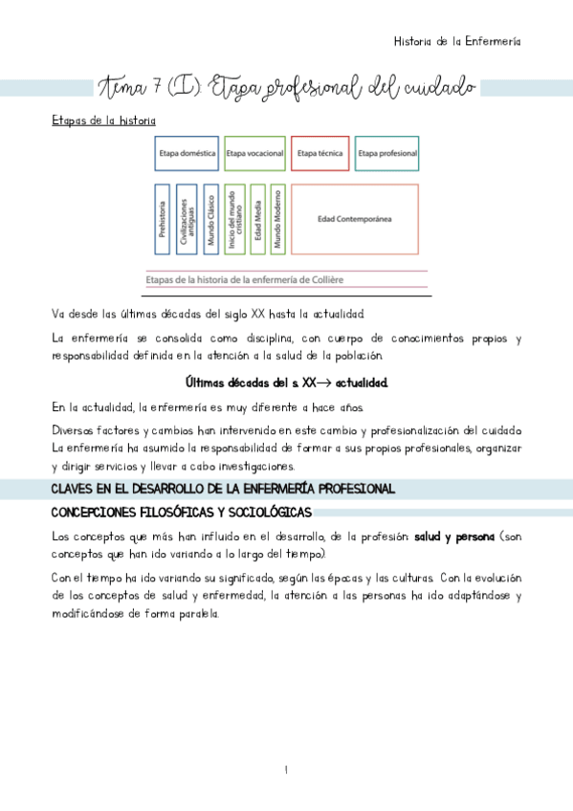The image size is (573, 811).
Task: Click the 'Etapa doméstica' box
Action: (x=187, y=153)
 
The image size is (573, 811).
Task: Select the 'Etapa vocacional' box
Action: (x=253, y=153)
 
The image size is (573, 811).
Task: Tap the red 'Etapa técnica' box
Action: (x=320, y=153)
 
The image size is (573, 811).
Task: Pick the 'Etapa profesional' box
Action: (x=386, y=153)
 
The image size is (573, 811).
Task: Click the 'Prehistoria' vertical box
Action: (x=163, y=219)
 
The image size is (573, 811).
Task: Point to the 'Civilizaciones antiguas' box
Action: (x=187, y=219)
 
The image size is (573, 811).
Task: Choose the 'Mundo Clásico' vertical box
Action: (x=210, y=219)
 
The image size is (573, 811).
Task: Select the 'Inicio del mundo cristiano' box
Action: (x=234, y=219)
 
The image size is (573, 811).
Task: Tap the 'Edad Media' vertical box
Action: (x=257, y=219)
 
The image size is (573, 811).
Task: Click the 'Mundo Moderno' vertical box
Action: (x=277, y=219)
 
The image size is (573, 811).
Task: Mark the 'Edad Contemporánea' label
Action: (x=355, y=219)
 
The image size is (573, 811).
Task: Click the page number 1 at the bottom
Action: (x=286, y=770)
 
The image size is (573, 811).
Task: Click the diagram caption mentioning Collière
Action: (x=245, y=279)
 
